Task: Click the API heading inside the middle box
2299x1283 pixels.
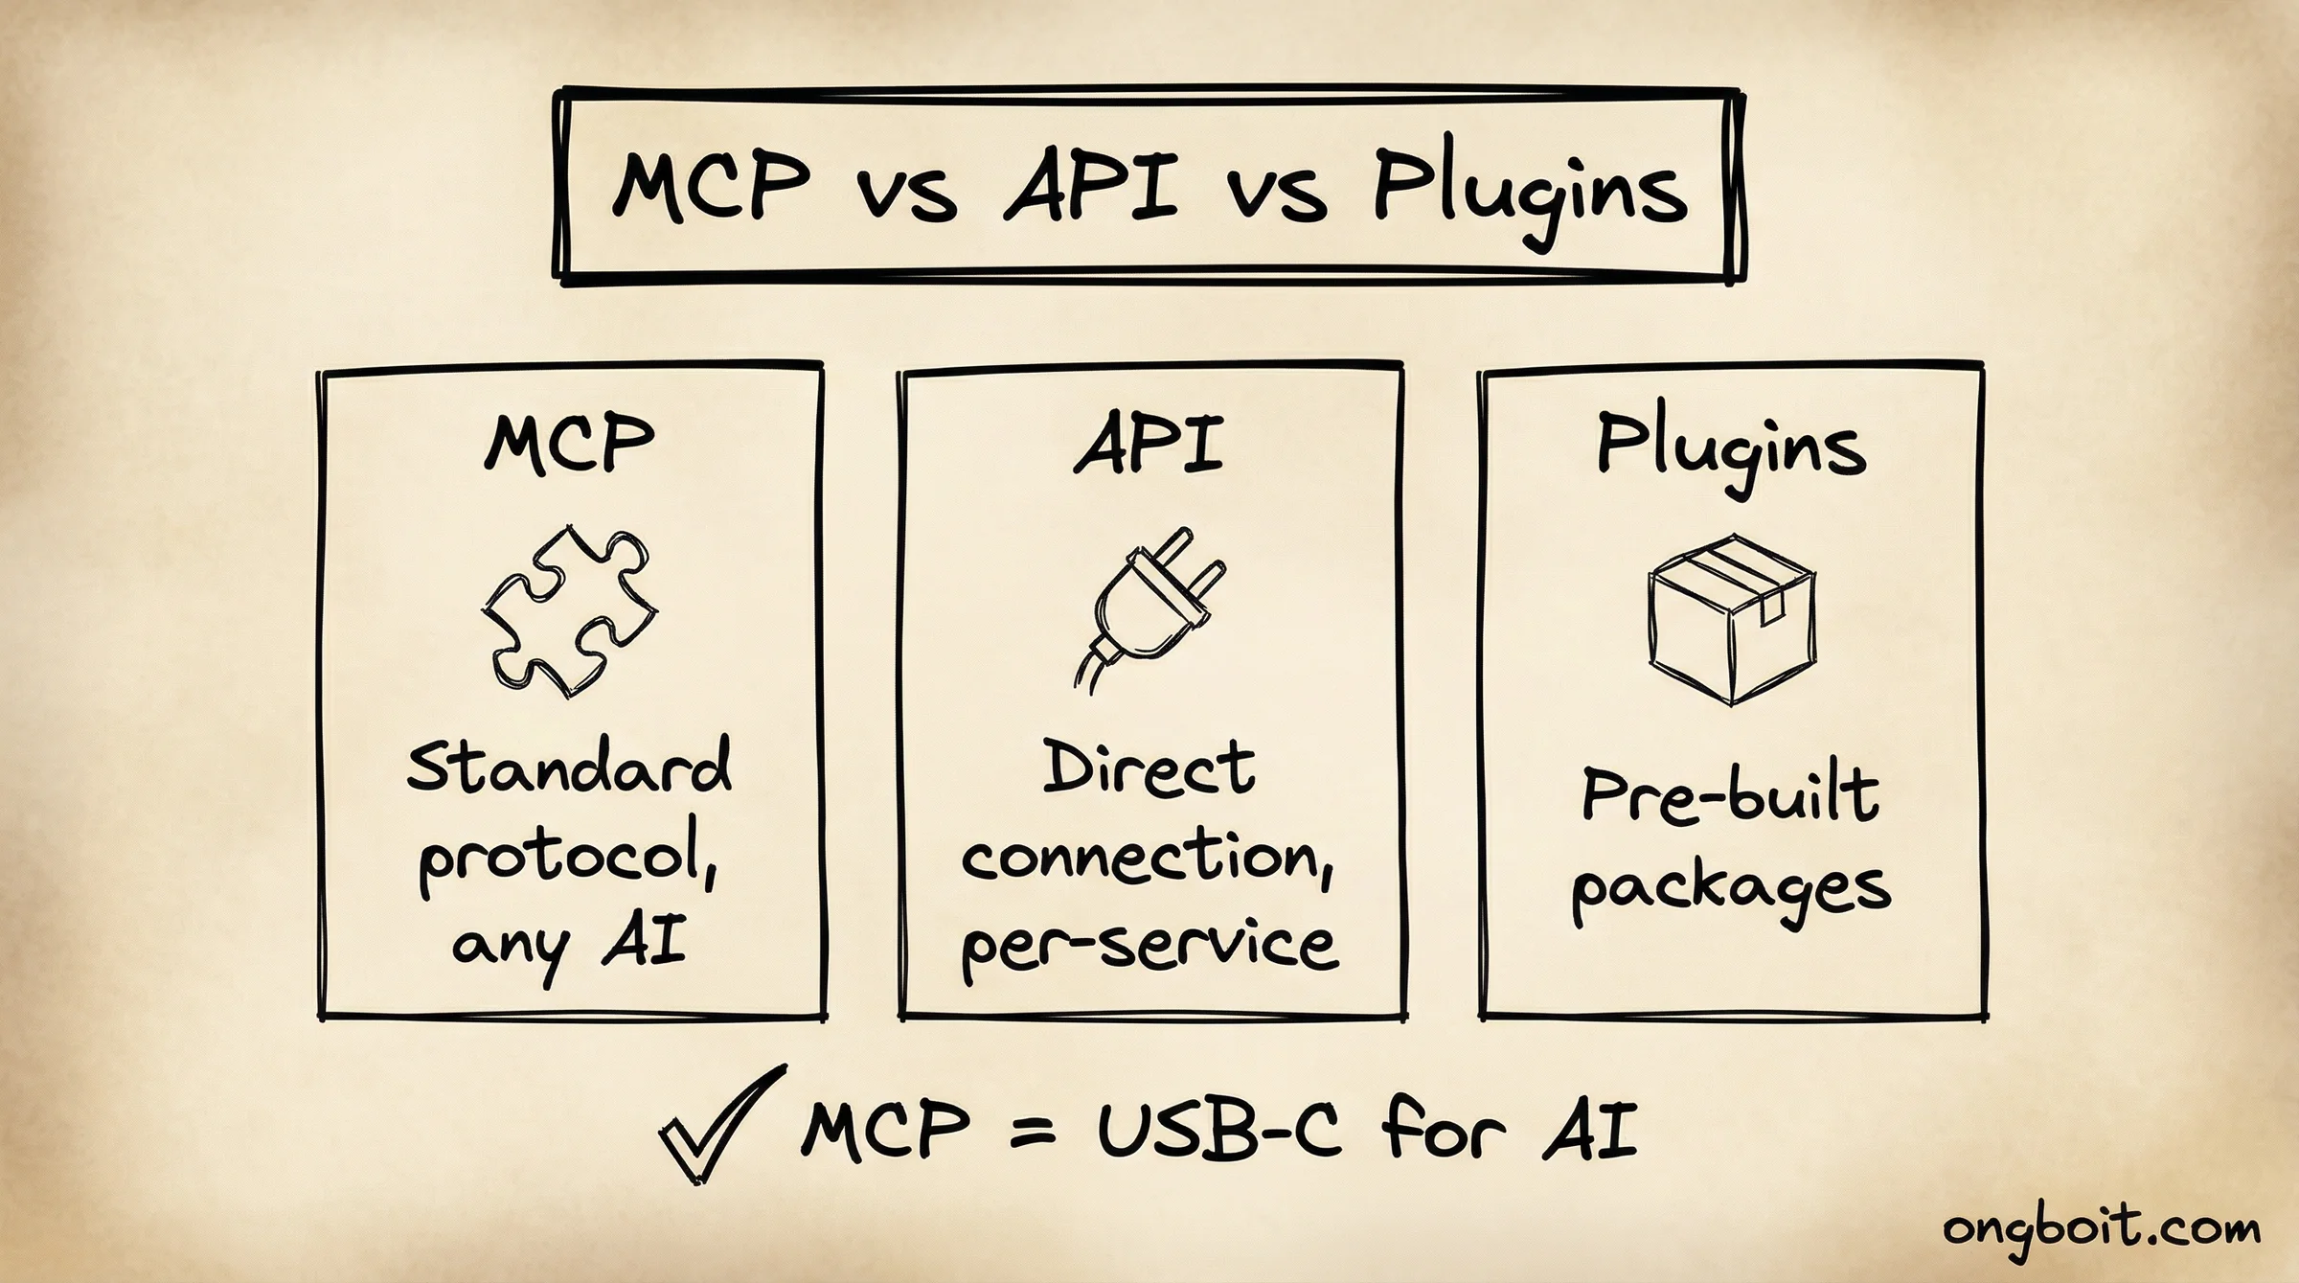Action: [1149, 444]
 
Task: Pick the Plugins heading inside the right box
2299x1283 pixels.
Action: [1730, 448]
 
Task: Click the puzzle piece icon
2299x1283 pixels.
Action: [569, 611]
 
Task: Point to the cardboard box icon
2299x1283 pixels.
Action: [1731, 620]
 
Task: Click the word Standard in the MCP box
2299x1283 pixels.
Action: [569, 767]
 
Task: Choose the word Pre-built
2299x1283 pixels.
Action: [1729, 796]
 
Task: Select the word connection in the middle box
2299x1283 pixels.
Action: [1146, 858]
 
